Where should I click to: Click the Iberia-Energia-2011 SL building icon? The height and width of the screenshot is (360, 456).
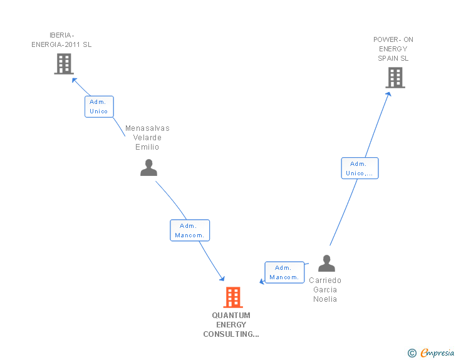(x=64, y=64)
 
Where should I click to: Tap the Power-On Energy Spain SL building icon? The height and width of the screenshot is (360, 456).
(x=395, y=78)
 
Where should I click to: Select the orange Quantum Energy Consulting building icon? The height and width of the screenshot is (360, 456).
(x=232, y=297)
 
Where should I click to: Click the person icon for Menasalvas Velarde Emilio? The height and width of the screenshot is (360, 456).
(x=148, y=168)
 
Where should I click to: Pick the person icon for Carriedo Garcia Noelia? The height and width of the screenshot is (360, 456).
(x=326, y=264)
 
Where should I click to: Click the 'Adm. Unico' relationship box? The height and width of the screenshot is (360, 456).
(x=99, y=106)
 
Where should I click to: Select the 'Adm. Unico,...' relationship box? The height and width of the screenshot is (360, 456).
(x=360, y=168)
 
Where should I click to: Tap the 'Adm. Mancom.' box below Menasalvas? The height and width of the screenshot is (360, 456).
(x=189, y=230)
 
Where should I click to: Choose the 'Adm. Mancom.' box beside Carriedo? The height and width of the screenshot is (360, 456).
(x=284, y=272)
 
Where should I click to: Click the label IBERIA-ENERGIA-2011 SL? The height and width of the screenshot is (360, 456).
(x=61, y=40)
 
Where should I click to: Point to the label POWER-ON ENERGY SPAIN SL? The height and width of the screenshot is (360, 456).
(x=393, y=49)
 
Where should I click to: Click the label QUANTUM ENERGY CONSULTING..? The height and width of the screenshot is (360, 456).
(x=231, y=325)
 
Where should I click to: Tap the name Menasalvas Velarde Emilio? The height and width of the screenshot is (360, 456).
(x=147, y=138)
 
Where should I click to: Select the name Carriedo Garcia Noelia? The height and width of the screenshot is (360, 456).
(x=325, y=290)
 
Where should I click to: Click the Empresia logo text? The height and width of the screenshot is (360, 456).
(x=437, y=353)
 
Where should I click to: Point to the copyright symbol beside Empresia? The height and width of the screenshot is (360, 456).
(x=412, y=353)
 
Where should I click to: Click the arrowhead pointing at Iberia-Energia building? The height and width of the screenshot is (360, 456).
(x=74, y=80)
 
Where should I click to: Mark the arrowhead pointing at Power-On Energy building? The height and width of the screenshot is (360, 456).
(x=389, y=93)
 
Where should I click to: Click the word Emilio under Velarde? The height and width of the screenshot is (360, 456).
(x=147, y=147)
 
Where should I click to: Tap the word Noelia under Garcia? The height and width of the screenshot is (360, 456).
(x=325, y=299)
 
